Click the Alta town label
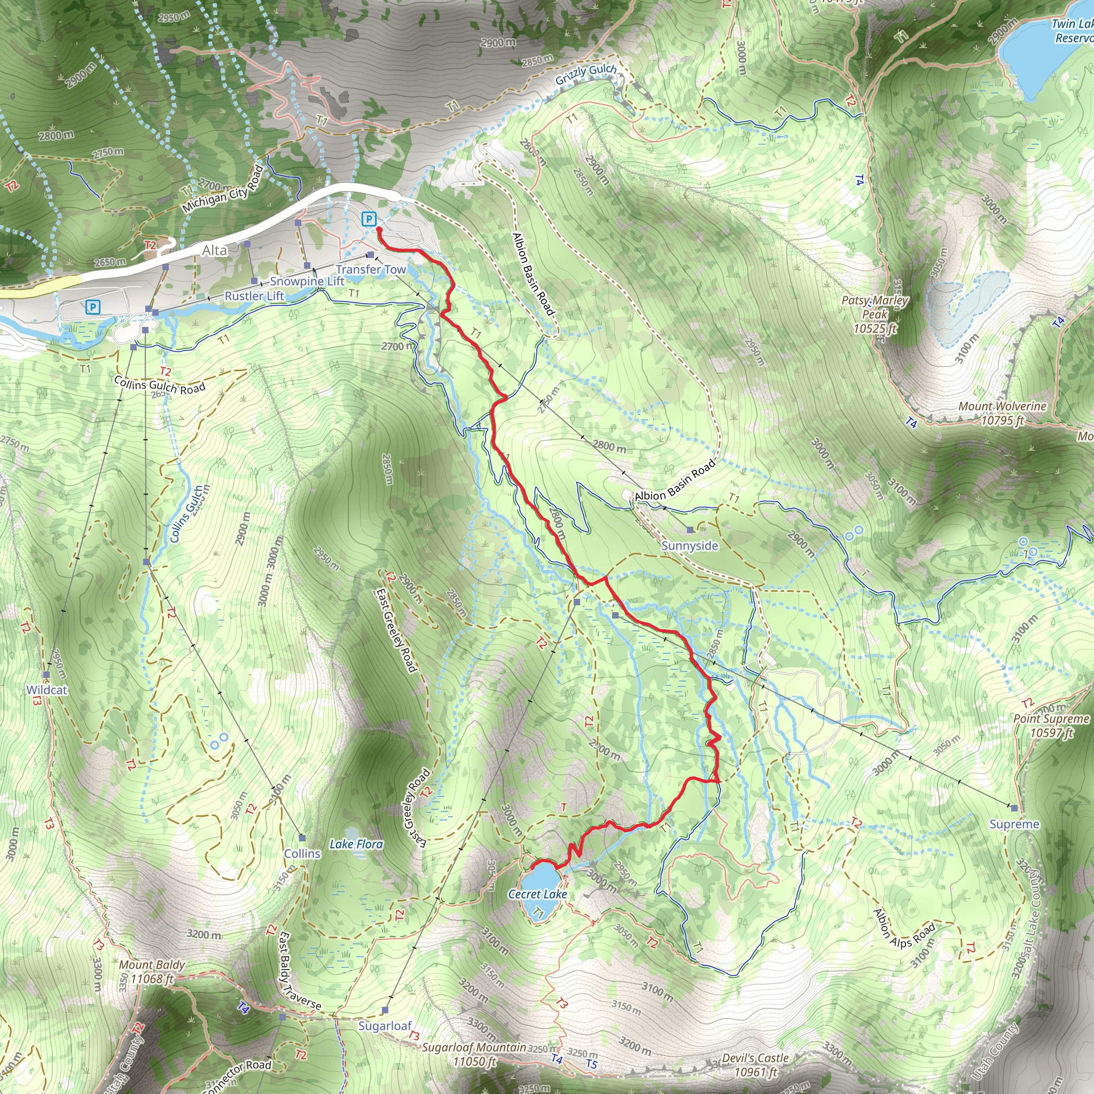coord(215,251)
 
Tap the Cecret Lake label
coord(537,894)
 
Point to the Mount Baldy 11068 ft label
coord(152,972)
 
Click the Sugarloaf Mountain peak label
coord(474,1054)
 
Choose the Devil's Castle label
coord(755,1065)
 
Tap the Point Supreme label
coord(1051,725)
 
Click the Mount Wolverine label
coord(1002,413)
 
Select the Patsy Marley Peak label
coord(875,314)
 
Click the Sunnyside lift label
coord(690,546)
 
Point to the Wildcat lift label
coord(46,690)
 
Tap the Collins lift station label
coord(302,853)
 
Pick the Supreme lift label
coord(1014,824)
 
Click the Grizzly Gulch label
coord(585,74)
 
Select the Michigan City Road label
coord(223,189)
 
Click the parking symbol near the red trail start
coord(369,218)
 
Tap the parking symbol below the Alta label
coord(93,307)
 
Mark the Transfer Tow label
coord(371,270)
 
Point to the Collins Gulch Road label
coord(159,385)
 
